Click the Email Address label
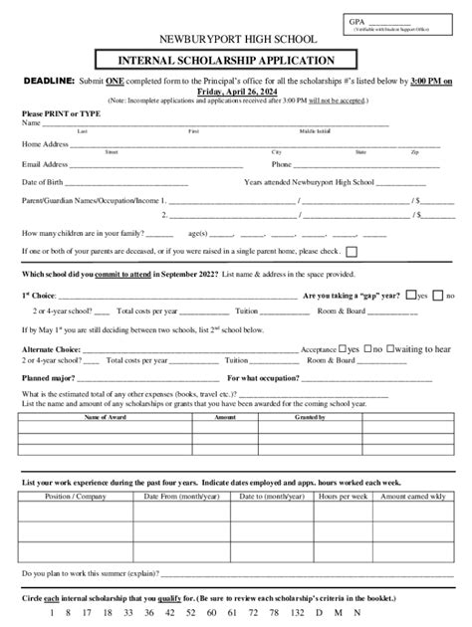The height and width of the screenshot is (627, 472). click(45, 164)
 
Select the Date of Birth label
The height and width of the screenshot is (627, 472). click(43, 183)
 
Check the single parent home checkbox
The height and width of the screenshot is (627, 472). click(352, 252)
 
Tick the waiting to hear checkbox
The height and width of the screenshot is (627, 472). click(392, 349)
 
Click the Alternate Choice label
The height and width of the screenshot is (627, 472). click(50, 350)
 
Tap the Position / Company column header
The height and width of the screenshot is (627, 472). click(76, 496)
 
